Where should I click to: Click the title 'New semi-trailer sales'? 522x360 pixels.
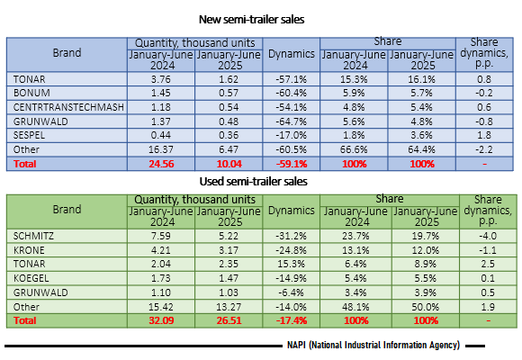(251, 19)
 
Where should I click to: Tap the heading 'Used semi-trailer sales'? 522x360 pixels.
(253, 182)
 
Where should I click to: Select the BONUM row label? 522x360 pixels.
(31, 93)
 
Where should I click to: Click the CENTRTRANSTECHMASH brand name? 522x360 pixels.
(68, 107)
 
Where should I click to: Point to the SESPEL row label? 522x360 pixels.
(29, 135)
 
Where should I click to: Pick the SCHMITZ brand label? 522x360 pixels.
(33, 236)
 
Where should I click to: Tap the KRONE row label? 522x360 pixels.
(29, 250)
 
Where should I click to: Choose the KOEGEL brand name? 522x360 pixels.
(31, 278)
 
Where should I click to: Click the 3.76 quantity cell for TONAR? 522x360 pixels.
(161, 79)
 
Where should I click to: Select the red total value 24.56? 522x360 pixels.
(161, 164)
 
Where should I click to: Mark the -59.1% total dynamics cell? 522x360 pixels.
(292, 164)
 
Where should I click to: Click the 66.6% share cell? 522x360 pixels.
(354, 149)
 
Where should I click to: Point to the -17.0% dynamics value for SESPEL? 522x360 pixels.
(292, 135)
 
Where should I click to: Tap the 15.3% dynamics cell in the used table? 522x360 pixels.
(292, 264)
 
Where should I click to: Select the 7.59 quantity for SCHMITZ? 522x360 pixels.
(161, 236)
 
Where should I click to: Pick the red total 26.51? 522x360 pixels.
(229, 320)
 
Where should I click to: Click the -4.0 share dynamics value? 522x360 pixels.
(488, 236)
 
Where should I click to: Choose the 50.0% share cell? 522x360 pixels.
(426, 307)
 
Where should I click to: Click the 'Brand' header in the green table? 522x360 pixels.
(67, 210)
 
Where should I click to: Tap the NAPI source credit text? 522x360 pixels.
(373, 346)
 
